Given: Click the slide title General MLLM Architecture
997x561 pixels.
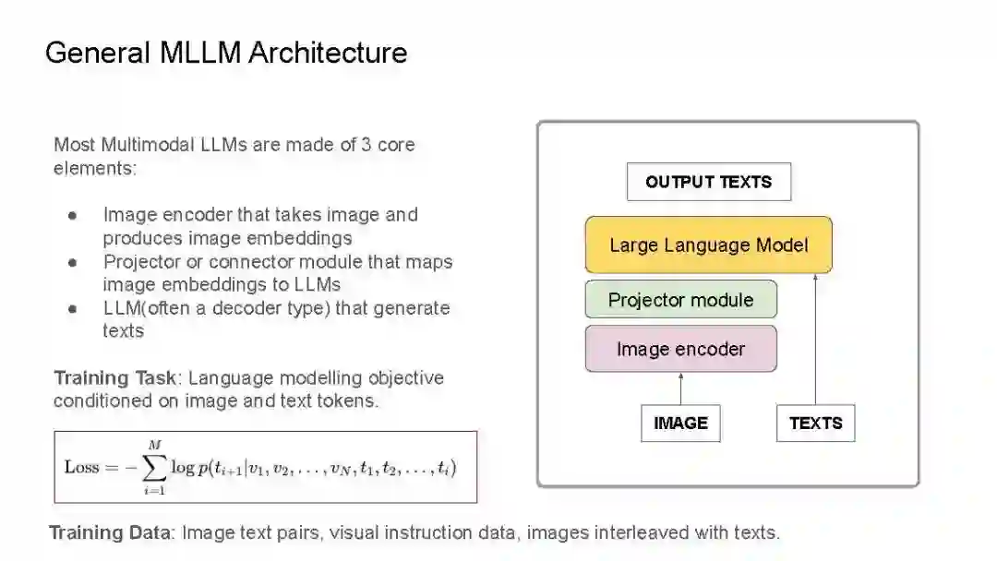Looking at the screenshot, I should pos(226,53).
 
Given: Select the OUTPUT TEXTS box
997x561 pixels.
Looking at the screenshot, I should pos(708,182).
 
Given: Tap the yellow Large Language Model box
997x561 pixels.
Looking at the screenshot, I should pos(708,245).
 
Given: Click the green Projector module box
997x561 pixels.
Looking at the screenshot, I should pos(680,300).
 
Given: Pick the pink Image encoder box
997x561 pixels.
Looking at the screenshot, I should pos(680,350).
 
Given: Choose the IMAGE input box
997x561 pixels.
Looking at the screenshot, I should pos(680,424).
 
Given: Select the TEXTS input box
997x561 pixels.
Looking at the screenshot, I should pos(815,424).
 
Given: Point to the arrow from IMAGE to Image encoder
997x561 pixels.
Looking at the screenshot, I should pos(680,388).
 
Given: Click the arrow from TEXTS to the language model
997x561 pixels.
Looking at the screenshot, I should pos(815,341).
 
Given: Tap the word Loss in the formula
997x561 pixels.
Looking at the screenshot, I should pos(81,467).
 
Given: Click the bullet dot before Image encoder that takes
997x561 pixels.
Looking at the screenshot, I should pos(72,216).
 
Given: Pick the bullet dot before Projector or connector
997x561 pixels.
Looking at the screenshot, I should pos(72,263).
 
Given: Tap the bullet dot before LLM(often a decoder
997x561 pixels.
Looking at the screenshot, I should pos(72,309).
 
